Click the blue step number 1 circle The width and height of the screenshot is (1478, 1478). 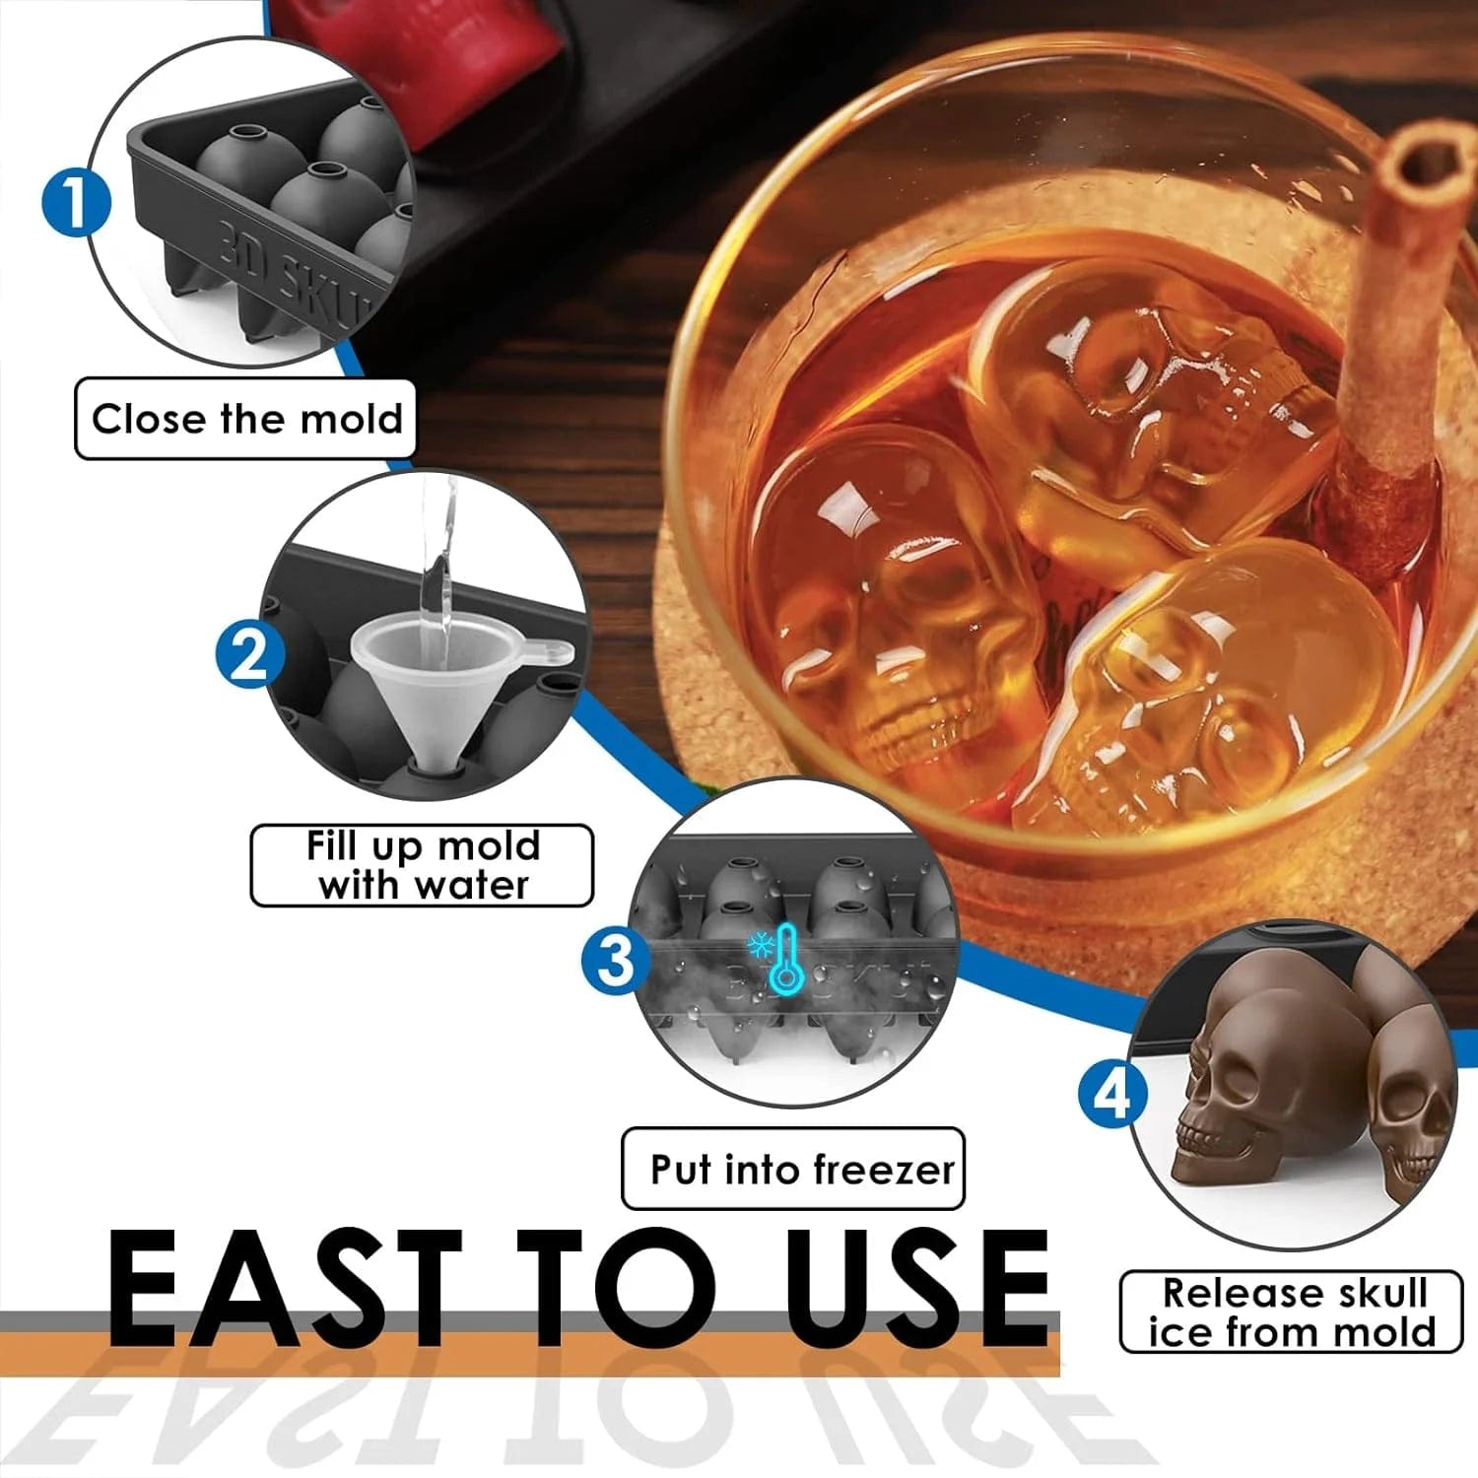76,202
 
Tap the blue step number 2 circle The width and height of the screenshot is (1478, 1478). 250,653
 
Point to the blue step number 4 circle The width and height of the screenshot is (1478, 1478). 1112,1094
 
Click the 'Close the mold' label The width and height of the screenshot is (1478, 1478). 246,419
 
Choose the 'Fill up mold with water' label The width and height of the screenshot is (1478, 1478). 422,865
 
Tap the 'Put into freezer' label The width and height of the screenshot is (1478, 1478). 793,1170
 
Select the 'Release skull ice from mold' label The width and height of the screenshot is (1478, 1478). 1291,1311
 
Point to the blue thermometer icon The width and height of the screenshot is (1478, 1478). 786,958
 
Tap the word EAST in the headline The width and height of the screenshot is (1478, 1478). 286,1291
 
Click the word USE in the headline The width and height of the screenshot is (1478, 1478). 916,1291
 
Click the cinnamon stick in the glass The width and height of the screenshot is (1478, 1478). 1399,325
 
